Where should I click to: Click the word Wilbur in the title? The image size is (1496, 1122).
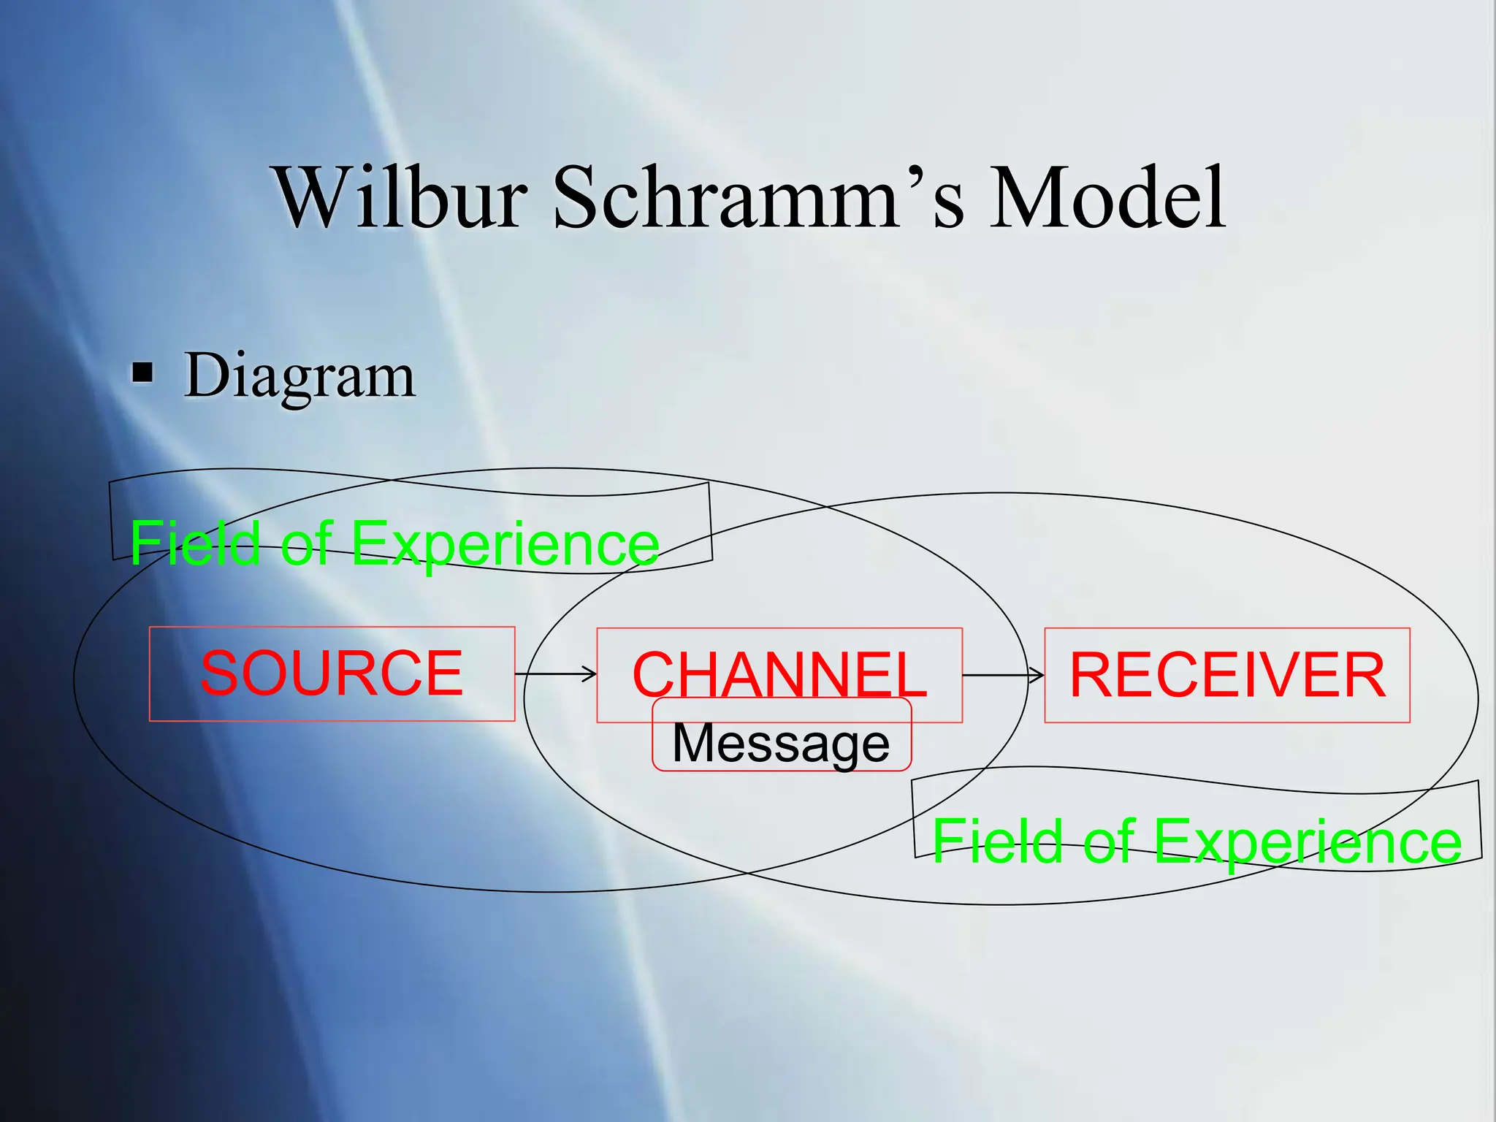click(x=402, y=197)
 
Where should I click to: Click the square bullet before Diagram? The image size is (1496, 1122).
click(x=142, y=373)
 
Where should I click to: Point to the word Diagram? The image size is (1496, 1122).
click(x=299, y=376)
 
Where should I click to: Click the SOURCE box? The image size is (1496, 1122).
click(x=332, y=673)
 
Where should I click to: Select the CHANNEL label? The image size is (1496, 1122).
click(x=779, y=673)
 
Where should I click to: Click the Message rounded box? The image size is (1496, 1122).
click(x=781, y=743)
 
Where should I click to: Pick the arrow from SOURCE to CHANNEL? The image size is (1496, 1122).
click(x=557, y=673)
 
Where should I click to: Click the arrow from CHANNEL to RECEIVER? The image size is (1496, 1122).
click(x=1002, y=675)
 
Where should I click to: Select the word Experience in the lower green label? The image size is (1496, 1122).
click(x=1308, y=841)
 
